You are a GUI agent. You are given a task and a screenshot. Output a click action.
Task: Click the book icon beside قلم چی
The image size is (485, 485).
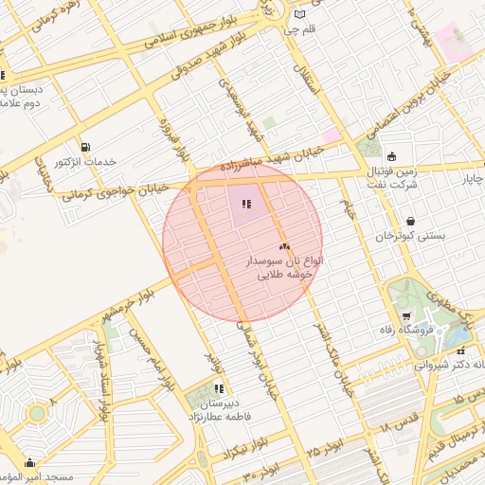click(301, 14)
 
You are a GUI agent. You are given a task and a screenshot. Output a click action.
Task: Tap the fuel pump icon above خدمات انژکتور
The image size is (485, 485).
click(87, 147)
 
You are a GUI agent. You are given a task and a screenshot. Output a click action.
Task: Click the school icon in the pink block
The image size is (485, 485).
click(248, 204)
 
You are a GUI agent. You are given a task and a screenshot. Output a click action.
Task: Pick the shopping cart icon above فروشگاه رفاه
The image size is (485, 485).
click(407, 316)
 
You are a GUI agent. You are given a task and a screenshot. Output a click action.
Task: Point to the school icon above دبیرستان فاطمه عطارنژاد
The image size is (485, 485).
click(219, 387)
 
